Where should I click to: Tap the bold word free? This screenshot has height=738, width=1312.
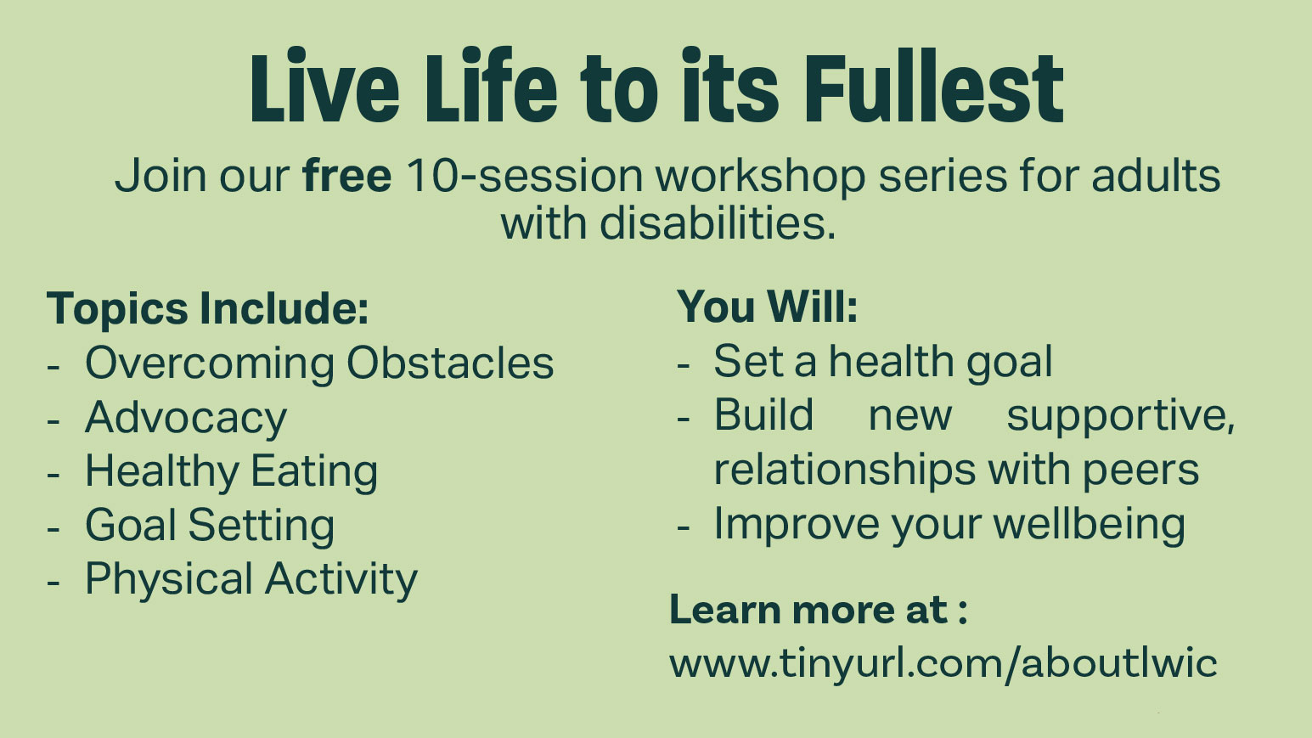[x=346, y=175]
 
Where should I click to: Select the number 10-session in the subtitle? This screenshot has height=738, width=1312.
[x=524, y=175]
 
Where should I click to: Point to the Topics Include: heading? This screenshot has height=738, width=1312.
[x=208, y=308]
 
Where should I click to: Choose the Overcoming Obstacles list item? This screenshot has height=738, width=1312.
[x=319, y=363]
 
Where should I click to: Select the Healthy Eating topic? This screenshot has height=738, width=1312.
[x=231, y=472]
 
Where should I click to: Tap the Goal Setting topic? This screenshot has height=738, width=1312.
[x=210, y=526]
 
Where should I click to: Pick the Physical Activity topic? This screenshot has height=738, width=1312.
[x=251, y=579]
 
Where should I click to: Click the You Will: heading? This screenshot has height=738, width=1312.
[x=768, y=306]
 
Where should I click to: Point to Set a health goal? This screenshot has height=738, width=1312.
[x=882, y=363]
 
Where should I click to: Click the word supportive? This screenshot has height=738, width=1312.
[x=1120, y=417]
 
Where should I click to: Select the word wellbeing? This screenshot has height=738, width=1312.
[x=1090, y=526]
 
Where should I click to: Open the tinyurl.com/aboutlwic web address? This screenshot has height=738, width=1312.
[x=943, y=664]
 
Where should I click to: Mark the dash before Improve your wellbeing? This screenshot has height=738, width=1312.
[x=683, y=528]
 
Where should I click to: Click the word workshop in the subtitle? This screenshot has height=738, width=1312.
[x=760, y=175]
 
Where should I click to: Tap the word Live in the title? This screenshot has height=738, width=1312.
[x=324, y=86]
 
